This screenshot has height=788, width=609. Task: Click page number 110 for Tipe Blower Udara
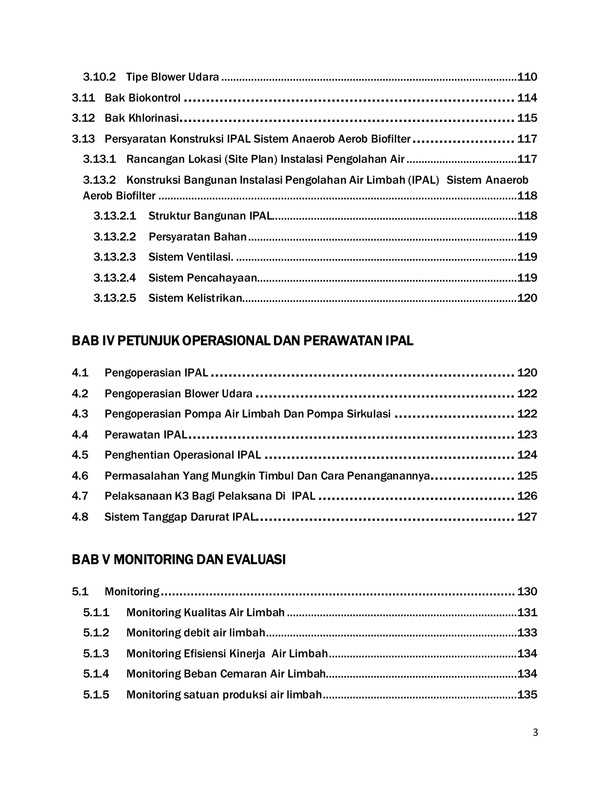point(527,77)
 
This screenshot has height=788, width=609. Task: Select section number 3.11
point(83,98)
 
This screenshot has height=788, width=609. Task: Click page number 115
point(527,118)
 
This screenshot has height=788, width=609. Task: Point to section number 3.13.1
point(99,159)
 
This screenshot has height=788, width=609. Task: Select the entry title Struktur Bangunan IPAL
point(210,216)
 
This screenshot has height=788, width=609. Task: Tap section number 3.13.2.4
point(114,278)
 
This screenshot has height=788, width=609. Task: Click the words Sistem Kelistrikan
point(195,298)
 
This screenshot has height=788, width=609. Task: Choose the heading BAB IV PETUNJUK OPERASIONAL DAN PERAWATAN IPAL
point(242,340)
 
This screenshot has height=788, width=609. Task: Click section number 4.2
point(80,393)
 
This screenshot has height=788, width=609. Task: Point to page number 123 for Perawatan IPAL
point(527,434)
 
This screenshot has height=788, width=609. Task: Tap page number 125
point(527,475)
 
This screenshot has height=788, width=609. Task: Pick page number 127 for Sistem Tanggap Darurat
point(527,517)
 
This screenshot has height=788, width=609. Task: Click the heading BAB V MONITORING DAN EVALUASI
point(179,560)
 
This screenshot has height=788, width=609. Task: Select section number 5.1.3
point(96,653)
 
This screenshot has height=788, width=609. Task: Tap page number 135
point(527,695)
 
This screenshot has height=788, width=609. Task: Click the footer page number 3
point(535,733)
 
